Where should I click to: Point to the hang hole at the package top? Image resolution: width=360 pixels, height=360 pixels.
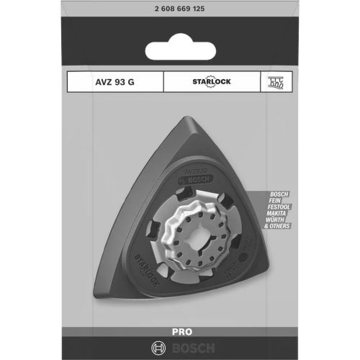point(179,52)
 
